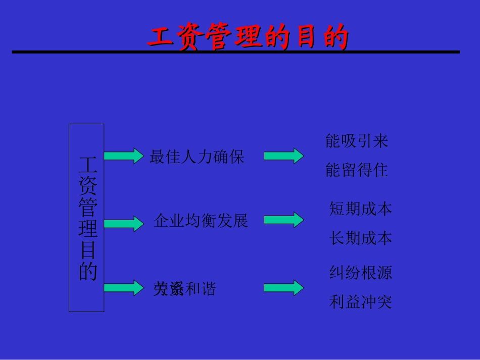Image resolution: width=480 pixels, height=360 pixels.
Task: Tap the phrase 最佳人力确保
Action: click(x=197, y=157)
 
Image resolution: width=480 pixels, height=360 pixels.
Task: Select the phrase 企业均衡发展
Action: click(x=201, y=221)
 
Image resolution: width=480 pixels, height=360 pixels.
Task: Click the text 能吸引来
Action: click(x=357, y=141)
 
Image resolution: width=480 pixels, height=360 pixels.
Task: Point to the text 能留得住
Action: click(x=357, y=170)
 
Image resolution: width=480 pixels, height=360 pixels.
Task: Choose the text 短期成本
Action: click(x=360, y=209)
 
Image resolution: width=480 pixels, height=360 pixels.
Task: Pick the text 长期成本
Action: click(x=360, y=238)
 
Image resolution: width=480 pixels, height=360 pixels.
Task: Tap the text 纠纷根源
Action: click(x=360, y=273)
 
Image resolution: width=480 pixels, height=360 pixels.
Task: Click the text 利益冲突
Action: click(x=360, y=302)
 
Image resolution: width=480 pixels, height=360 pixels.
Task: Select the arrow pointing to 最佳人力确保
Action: click(x=124, y=156)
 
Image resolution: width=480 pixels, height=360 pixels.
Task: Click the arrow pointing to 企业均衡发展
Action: click(x=124, y=223)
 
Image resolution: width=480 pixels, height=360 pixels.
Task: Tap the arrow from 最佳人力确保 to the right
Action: click(x=283, y=156)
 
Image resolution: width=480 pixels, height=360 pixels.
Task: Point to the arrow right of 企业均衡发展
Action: click(x=283, y=220)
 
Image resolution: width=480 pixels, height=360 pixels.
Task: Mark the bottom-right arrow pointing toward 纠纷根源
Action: click(x=283, y=288)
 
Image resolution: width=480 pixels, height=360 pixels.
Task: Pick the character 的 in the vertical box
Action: click(x=87, y=271)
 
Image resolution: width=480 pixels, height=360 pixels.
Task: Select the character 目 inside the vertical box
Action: click(x=87, y=250)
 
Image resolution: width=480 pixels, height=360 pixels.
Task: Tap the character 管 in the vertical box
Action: click(x=87, y=208)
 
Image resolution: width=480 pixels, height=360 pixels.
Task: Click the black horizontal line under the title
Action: click(x=236, y=52)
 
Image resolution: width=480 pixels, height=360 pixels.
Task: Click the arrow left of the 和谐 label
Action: click(x=124, y=287)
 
